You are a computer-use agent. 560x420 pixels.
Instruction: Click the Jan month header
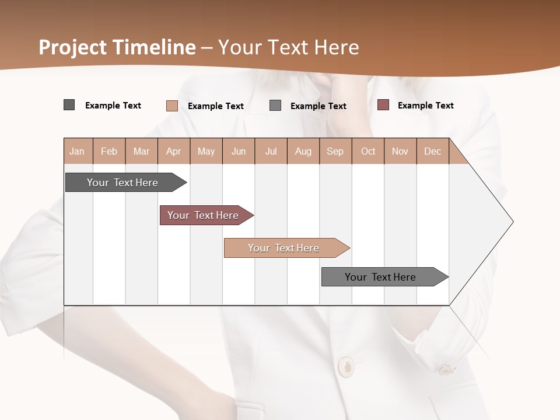coord(78,151)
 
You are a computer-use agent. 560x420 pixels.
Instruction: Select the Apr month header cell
coord(174,151)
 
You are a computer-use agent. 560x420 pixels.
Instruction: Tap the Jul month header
coord(271,151)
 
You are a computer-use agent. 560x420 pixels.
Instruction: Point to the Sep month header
coord(335,151)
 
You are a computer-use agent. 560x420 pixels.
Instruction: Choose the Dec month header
coord(432,151)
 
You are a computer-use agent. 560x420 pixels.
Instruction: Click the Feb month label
coord(109,151)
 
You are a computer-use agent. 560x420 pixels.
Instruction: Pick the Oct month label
coord(368,151)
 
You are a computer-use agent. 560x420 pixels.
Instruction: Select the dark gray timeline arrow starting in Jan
coord(123,183)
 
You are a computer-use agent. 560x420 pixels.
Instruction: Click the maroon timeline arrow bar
coord(203,215)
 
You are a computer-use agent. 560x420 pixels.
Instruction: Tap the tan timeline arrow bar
coord(283,248)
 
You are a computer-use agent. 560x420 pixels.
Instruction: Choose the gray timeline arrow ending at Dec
coord(380,277)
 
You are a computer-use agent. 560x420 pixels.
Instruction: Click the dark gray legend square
coord(69,105)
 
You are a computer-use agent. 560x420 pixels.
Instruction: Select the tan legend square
coord(171,106)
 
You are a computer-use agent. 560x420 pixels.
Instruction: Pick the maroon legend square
coord(383,105)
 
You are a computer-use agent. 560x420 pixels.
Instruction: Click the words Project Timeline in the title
coord(117,47)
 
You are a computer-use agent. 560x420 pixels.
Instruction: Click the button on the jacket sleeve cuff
coord(446,369)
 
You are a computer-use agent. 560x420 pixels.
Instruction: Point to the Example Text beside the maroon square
coord(425,106)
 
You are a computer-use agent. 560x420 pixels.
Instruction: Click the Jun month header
coord(239,151)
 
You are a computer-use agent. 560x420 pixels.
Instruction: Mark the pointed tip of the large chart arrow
coord(512,222)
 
